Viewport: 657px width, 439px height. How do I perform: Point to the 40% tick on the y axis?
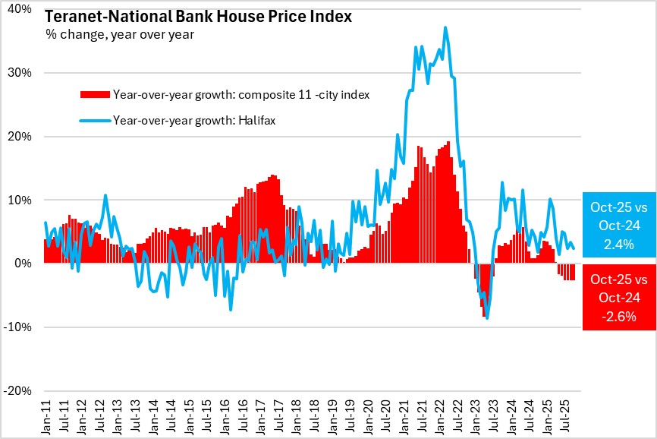(20, 9)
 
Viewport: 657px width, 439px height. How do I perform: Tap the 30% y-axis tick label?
(20, 73)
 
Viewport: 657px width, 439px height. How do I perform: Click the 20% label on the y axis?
(20, 137)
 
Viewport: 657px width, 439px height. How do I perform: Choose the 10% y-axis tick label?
(20, 200)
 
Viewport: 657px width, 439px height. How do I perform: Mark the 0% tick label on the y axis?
(24, 264)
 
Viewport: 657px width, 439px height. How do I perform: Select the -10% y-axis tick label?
(19, 327)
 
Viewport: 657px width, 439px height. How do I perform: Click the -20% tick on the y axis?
(19, 391)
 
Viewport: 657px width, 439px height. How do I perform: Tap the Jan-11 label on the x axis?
(46, 417)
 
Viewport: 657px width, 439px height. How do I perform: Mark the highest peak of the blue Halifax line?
(445, 27)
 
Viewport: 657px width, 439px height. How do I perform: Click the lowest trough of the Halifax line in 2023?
(487, 318)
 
